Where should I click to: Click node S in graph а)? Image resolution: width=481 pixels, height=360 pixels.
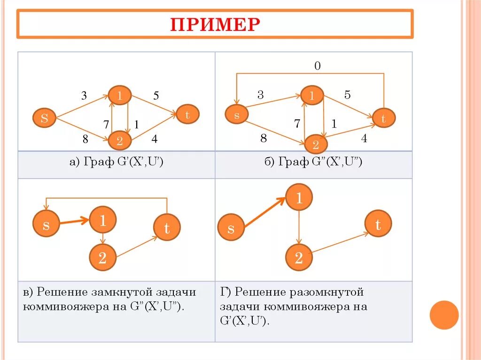point(44,118)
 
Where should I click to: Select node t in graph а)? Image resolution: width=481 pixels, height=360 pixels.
point(187,115)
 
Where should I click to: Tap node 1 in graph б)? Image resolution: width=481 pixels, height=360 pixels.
point(311,96)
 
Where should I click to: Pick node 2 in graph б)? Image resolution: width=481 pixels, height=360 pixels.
point(316,144)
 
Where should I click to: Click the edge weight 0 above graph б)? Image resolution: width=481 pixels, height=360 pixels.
point(318,66)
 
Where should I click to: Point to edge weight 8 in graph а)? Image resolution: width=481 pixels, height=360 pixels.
point(85,138)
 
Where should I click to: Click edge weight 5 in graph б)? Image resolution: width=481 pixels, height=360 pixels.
point(347,95)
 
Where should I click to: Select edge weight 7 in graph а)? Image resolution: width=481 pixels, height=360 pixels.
point(107,124)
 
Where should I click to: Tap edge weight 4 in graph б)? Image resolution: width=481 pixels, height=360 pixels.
point(364,138)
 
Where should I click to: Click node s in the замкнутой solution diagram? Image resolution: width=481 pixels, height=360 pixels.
point(46,225)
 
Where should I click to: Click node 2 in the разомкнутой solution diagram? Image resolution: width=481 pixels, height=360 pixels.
point(298,257)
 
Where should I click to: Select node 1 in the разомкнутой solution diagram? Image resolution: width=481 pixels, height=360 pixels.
point(299,198)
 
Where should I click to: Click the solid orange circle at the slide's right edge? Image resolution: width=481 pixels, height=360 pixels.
point(444,314)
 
